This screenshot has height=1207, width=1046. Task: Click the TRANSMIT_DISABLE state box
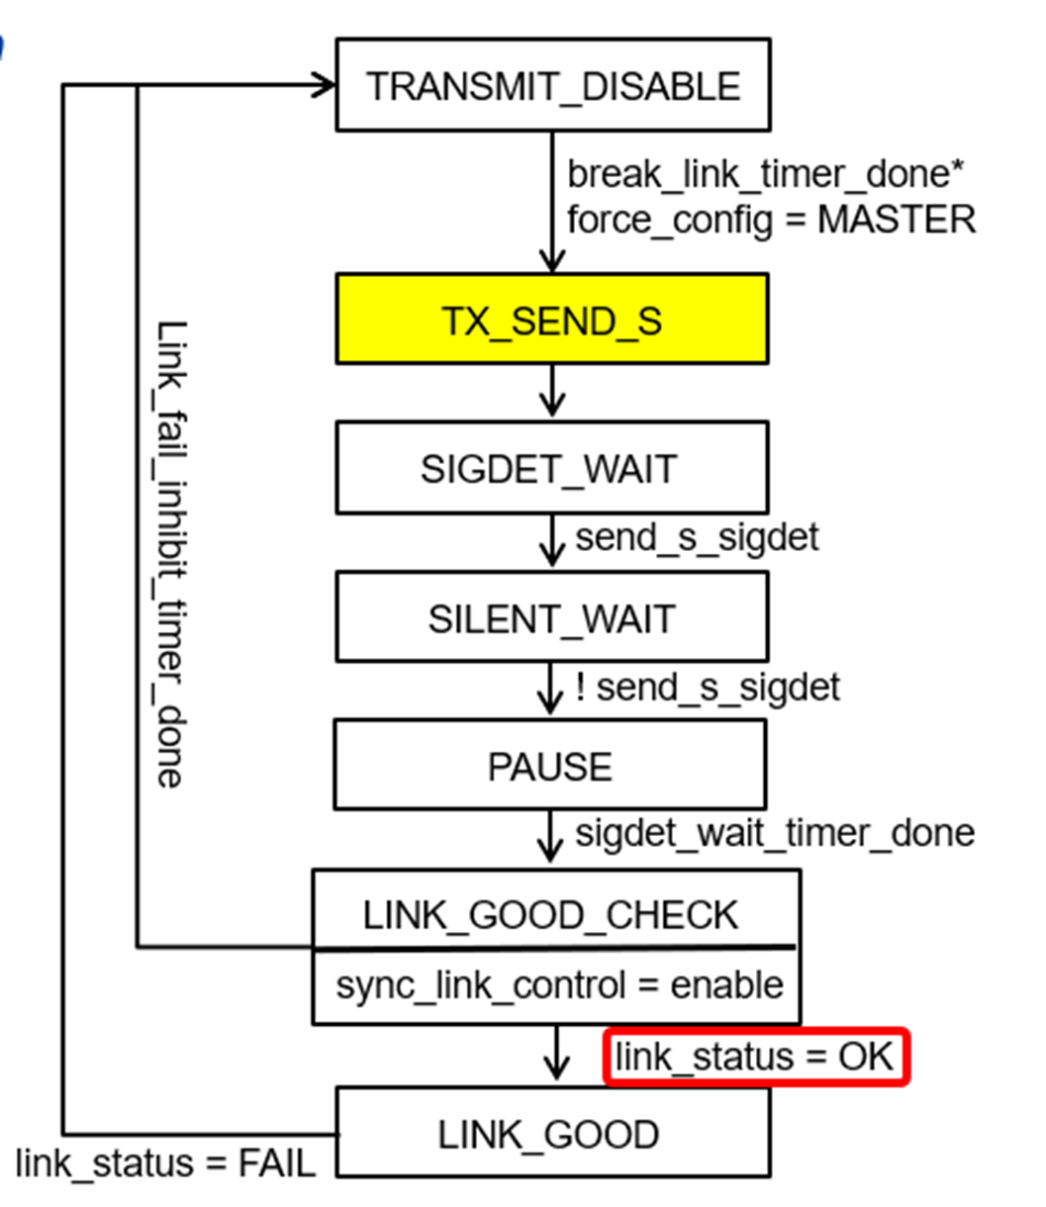pos(552,86)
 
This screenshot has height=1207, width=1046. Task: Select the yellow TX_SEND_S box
pos(551,321)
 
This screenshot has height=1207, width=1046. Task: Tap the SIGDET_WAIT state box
pos(551,468)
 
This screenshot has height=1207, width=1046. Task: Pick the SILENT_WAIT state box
pos(551,618)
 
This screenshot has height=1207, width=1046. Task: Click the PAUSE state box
pos(549,767)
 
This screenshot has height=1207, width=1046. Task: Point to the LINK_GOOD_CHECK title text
pos(550,915)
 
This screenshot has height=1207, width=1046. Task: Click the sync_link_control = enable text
pos(559,985)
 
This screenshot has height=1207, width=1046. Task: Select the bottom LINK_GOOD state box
pos(551,1134)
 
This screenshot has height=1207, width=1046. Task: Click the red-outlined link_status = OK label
pos(755,1057)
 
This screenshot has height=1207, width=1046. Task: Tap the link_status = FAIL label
pos(165,1162)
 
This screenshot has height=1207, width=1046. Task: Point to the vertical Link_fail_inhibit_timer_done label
pos(170,554)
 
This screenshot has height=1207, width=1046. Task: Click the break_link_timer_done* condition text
pos(765,174)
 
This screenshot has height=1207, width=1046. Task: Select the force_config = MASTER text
pos(771,219)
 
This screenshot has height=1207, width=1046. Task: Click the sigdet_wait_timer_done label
pos(774,833)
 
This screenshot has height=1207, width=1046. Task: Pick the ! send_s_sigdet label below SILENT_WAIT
pos(708,687)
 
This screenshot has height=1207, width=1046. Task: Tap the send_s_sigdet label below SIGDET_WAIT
pos(697,537)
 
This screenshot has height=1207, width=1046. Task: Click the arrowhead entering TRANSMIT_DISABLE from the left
pos(324,85)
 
